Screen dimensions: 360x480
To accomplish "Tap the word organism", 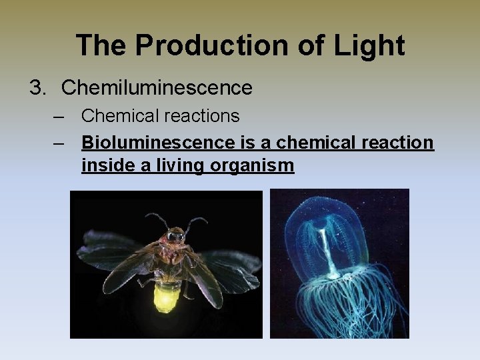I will pyautogui.click(x=254, y=165).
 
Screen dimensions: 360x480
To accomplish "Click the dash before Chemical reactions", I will pyautogui.click(x=61, y=116).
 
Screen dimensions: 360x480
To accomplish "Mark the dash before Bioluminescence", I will pyautogui.click(x=61, y=143).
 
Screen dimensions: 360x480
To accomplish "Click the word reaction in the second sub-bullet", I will pyautogui.click(x=395, y=143).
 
